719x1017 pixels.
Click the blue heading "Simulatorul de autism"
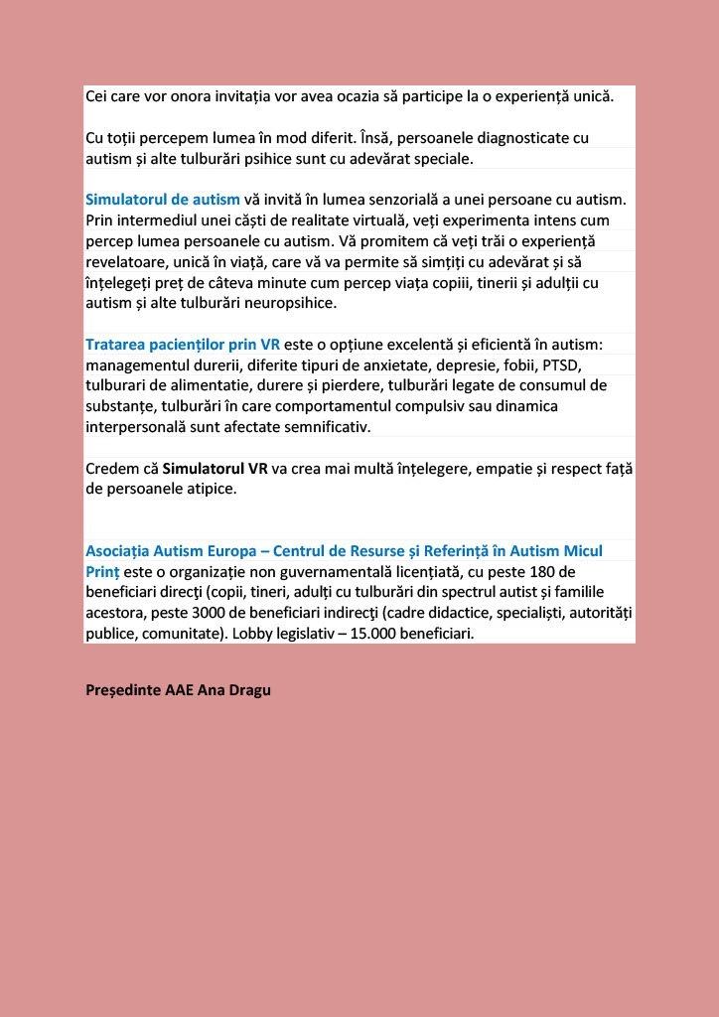[x=163, y=199]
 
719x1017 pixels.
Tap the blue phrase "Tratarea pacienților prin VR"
[x=183, y=344]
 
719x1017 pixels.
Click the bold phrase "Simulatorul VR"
[x=216, y=468]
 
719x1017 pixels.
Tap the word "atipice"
[x=211, y=489]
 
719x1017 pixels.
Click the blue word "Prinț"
[x=102, y=571]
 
